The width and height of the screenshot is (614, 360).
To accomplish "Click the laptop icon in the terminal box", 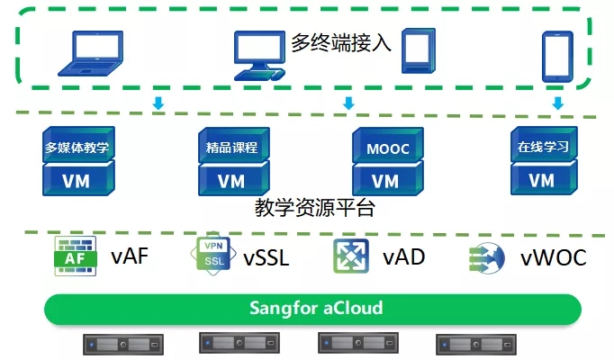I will (90, 52).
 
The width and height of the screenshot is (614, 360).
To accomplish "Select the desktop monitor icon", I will (259, 54).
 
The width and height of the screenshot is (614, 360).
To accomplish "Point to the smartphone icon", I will (557, 55).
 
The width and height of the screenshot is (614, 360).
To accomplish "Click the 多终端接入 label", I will (341, 41).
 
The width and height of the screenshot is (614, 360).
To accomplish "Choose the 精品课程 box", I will (231, 147).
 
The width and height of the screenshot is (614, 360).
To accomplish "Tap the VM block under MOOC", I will (385, 180).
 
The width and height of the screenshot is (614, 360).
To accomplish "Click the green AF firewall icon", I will (76, 257).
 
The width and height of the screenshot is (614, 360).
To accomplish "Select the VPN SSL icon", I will (213, 256).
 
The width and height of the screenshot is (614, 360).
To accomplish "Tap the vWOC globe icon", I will (487, 258).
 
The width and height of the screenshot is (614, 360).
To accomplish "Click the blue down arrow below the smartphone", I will (557, 103).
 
